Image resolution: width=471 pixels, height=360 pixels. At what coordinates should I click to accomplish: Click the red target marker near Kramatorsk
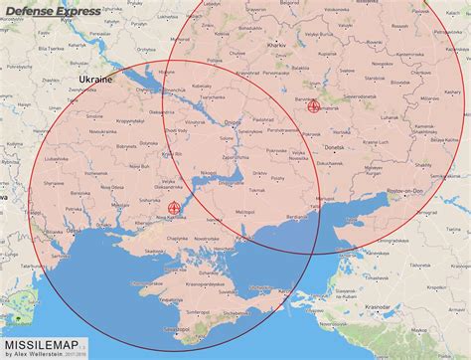(x=316, y=105)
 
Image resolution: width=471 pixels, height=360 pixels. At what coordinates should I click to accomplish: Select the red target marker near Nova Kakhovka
(x=175, y=208)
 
